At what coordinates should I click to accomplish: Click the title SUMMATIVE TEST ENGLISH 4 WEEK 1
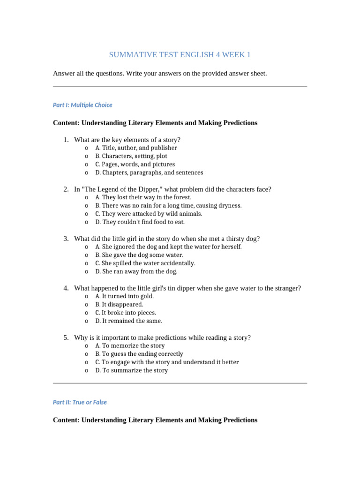(180, 55)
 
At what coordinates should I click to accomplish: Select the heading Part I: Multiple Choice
(82, 105)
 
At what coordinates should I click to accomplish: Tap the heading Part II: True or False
(80, 402)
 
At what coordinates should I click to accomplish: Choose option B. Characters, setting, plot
(131, 156)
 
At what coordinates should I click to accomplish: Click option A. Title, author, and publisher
(136, 148)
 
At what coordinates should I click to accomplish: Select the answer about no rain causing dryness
(162, 205)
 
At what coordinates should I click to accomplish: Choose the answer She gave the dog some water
(139, 255)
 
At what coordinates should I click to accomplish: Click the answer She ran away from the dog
(136, 271)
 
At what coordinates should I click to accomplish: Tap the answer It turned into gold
(124, 296)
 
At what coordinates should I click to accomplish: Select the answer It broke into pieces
(126, 313)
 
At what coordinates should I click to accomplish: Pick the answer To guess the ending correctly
(139, 354)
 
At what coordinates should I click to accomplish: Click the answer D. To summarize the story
(131, 370)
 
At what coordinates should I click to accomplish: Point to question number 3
(66, 239)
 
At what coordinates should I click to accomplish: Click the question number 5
(66, 337)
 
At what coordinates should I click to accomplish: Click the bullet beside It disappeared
(87, 305)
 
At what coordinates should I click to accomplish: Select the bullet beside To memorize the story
(87, 346)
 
